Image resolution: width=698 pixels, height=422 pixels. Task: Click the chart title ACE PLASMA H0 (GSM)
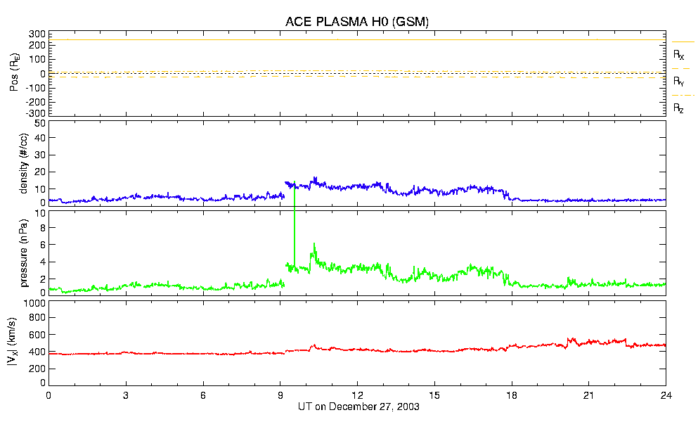(357, 23)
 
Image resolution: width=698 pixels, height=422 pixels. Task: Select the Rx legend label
(679, 55)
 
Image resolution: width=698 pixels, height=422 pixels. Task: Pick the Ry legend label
(679, 82)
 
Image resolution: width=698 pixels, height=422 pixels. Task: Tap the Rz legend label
(679, 108)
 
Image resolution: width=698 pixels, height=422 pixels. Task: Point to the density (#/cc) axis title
(22, 163)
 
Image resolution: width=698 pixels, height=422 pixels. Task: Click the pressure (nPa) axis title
(22, 252)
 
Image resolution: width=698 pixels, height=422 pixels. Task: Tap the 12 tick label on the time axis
(357, 396)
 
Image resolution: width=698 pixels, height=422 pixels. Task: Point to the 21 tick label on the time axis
(589, 396)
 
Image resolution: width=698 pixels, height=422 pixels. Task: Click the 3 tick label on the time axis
(126, 396)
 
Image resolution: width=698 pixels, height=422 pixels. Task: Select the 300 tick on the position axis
(36, 34)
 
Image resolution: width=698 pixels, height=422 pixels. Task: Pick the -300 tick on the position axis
(34, 113)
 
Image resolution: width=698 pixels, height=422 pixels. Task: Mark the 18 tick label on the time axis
(512, 396)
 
